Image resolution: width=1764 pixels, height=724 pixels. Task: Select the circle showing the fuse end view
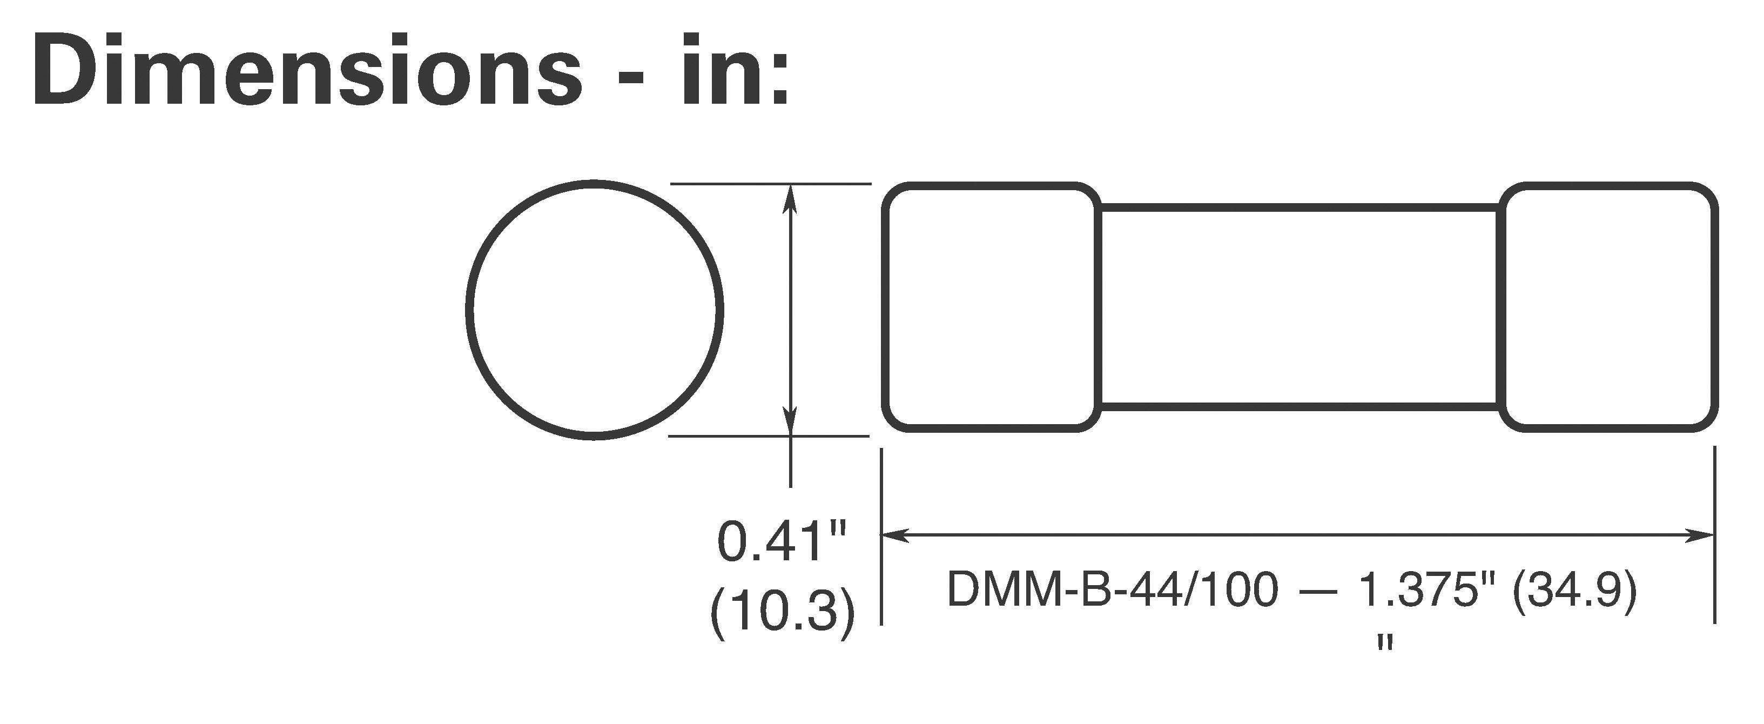(x=594, y=310)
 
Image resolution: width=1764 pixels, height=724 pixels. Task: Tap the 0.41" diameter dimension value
(x=780, y=542)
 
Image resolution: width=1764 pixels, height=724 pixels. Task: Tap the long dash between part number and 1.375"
(x=1318, y=591)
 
